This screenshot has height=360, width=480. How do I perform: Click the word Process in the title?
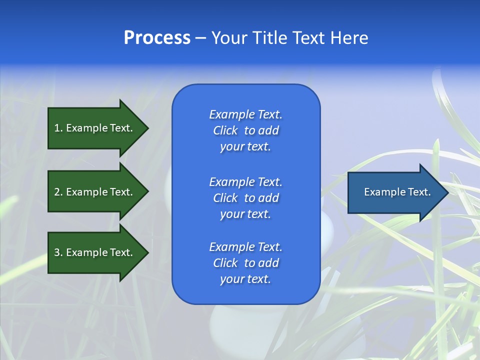coord(157,38)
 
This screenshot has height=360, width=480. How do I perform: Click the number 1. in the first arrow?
coord(58,128)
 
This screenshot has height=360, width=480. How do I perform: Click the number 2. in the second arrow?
coord(58,192)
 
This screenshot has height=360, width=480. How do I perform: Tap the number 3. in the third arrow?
coord(58,252)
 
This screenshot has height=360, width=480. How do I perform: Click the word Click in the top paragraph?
coord(225,130)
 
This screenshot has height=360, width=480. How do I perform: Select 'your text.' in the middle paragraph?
coord(245,214)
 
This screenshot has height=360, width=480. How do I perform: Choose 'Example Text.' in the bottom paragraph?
coord(245,247)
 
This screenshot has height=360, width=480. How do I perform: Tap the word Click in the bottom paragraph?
coord(225,263)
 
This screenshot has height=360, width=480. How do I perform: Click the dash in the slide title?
coord(201,38)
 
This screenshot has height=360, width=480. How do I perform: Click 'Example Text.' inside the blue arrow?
coord(397,192)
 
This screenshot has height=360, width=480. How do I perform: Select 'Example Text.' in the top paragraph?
coord(245,114)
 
